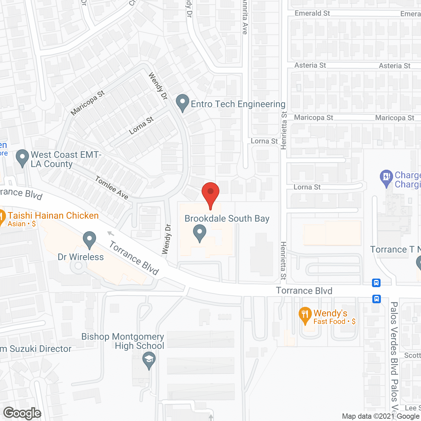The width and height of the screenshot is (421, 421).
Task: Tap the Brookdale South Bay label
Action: (227, 219)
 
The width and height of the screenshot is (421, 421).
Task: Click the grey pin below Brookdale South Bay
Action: (199, 233)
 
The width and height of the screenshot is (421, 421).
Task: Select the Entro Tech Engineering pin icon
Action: (183, 103)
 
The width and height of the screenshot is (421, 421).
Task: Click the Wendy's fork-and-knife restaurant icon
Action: (305, 315)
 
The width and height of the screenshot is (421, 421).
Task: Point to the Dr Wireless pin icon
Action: (89, 239)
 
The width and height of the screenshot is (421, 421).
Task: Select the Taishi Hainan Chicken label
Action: (53, 216)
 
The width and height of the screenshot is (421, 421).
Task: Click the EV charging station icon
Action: (386, 178)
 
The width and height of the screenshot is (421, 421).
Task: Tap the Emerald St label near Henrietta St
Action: (312, 13)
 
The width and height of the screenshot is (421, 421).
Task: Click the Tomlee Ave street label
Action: (111, 188)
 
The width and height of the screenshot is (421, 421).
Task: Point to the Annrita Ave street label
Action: (245, 18)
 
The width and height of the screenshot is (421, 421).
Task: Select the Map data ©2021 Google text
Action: (381, 416)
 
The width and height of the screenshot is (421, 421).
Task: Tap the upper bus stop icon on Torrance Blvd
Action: (377, 283)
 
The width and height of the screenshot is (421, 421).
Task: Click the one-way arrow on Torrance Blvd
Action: (111, 234)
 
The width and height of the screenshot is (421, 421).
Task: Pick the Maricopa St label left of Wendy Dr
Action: (87, 103)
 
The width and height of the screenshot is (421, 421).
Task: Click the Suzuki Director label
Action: (36, 349)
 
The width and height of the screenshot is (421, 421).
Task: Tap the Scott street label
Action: (412, 356)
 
